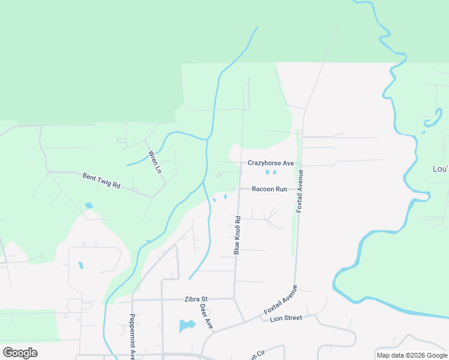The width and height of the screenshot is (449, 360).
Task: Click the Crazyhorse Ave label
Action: click(271, 163)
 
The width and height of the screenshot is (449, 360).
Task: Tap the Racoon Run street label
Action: click(270, 189)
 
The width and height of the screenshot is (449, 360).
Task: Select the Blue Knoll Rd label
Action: click(237, 235)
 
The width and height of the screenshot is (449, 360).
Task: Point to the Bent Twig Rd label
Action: click(101, 180)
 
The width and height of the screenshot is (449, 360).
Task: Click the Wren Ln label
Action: click(155, 162)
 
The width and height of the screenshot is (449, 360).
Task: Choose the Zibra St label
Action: click(196, 298)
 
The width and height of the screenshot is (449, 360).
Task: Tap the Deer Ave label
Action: click(206, 316)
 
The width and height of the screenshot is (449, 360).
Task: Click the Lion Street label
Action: click(286, 318)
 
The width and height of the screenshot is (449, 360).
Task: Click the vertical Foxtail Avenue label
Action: click(300, 191)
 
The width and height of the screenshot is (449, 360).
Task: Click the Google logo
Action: click(20, 353)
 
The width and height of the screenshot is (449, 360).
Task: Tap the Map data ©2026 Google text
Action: click(412, 355)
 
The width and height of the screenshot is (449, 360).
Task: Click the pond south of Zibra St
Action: click(187, 326)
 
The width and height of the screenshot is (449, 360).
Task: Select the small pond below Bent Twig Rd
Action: click(89, 205)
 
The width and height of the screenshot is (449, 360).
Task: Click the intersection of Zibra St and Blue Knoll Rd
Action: click(234, 298)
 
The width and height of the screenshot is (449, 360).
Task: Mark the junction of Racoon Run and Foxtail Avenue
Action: click(298, 189)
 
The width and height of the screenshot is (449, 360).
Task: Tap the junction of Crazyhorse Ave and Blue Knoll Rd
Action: click(241, 163)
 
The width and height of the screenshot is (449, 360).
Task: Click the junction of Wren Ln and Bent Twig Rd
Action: click(153, 197)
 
